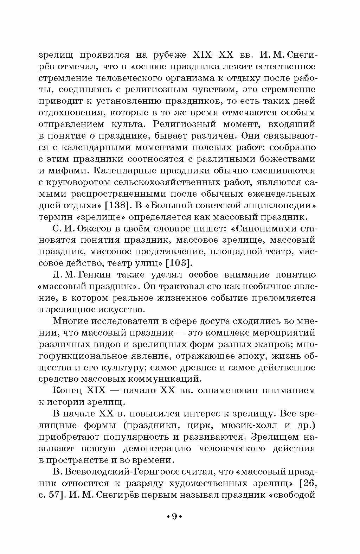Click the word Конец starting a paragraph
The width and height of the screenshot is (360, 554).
coord(67,390)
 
